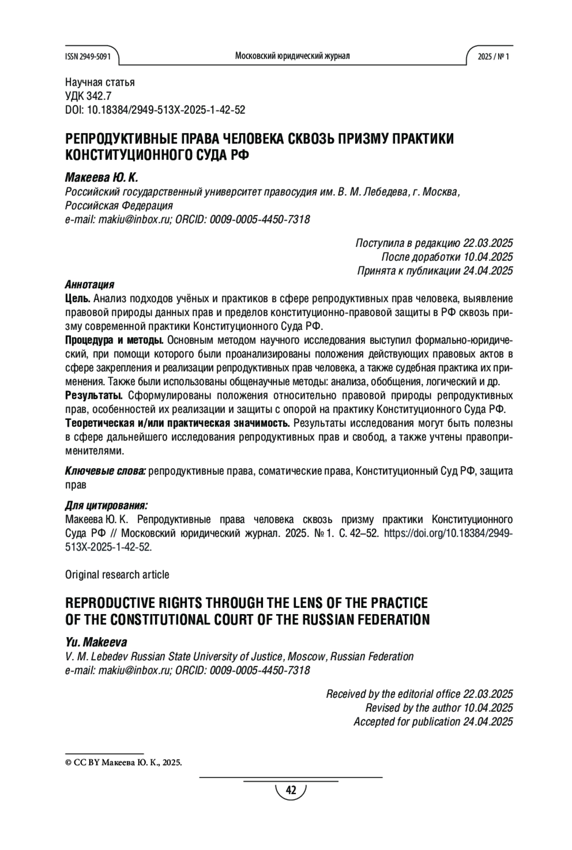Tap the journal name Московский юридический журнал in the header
point(292,56)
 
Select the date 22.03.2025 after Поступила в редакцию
point(488,243)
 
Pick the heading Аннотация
point(90,285)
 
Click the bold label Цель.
point(77,299)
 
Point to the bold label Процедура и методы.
point(114,340)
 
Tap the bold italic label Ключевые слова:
point(105,471)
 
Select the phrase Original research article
point(117,575)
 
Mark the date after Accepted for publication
point(488,722)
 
